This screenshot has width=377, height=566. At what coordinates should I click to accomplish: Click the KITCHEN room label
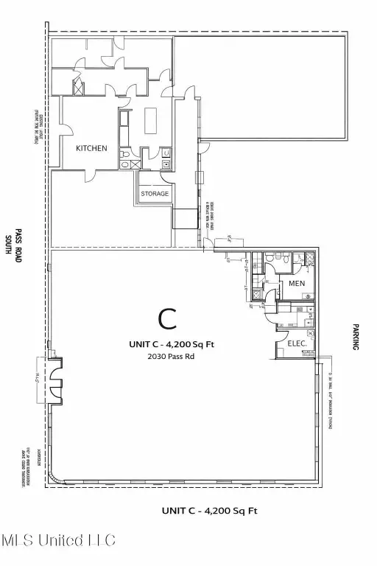pyautogui.click(x=92, y=148)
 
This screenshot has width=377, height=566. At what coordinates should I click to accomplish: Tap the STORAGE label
pyautogui.click(x=155, y=194)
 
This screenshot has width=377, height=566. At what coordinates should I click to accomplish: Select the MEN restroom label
pyautogui.click(x=297, y=283)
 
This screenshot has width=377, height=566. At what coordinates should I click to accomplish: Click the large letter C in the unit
pyautogui.click(x=168, y=318)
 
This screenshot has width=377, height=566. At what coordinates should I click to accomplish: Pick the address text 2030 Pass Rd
pyautogui.click(x=167, y=357)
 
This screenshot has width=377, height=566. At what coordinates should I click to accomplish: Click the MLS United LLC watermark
pyautogui.click(x=58, y=541)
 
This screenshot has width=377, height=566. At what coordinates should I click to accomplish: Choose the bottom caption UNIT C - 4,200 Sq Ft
pyautogui.click(x=209, y=510)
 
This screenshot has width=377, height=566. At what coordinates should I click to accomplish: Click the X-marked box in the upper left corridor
pyautogui.click(x=75, y=84)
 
